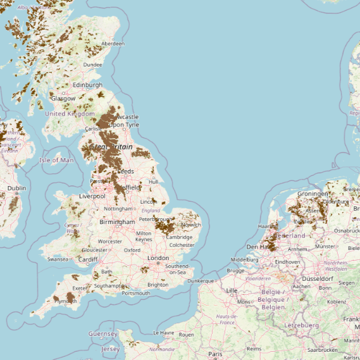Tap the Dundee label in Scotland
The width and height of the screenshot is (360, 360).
pyautogui.click(x=92, y=64)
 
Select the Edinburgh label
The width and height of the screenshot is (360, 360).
pyautogui.click(x=87, y=85)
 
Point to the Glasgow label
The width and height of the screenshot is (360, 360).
pyautogui.click(x=63, y=99)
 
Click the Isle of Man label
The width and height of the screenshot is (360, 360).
pyautogui.click(x=57, y=160)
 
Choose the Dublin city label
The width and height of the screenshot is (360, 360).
pyautogui.click(x=16, y=188)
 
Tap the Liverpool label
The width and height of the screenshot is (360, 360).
pyautogui.click(x=92, y=197)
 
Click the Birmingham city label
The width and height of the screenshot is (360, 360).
pyautogui.click(x=117, y=222)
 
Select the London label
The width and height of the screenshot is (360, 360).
pyautogui.click(x=158, y=258)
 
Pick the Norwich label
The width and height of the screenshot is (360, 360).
pyautogui.click(x=190, y=225)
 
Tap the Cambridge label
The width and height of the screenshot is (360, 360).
pyautogui.click(x=180, y=237)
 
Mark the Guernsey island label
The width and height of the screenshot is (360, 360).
pyautogui.click(x=102, y=333)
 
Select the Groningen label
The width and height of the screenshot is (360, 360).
pyautogui.click(x=313, y=194)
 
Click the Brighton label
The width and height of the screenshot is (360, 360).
pyautogui.click(x=158, y=285)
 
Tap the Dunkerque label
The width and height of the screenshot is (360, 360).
pyautogui.click(x=201, y=280)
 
